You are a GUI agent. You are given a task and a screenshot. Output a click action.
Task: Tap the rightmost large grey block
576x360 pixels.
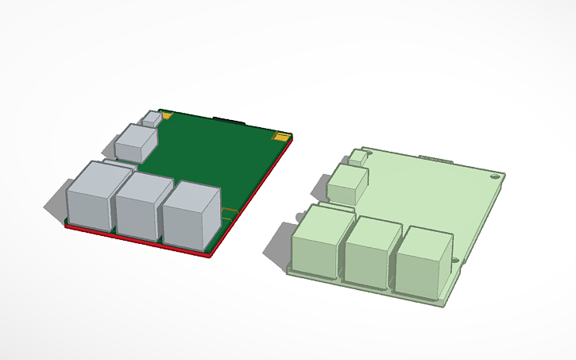click(191, 215)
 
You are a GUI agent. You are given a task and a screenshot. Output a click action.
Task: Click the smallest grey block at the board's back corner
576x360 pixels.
click(152, 118)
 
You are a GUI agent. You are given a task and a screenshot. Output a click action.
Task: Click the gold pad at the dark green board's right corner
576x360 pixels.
click(280, 137)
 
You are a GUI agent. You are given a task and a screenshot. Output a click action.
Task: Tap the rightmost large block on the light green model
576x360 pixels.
click(423, 263)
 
